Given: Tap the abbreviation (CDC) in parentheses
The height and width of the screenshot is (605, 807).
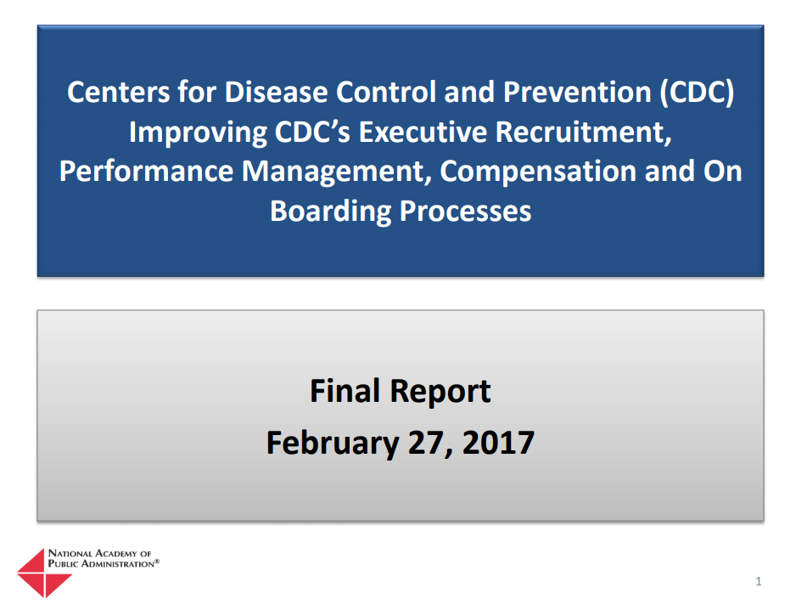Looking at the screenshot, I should pos(696,92).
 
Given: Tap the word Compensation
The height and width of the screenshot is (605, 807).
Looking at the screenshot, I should pos(538,171).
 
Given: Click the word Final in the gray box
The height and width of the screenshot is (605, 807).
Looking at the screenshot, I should pos(345,392).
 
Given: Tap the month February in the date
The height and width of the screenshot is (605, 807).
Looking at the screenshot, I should pos(327,443).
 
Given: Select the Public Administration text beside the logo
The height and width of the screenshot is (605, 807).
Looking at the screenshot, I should pos(103,563).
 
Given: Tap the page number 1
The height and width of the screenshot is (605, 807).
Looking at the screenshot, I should pos(758,582).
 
